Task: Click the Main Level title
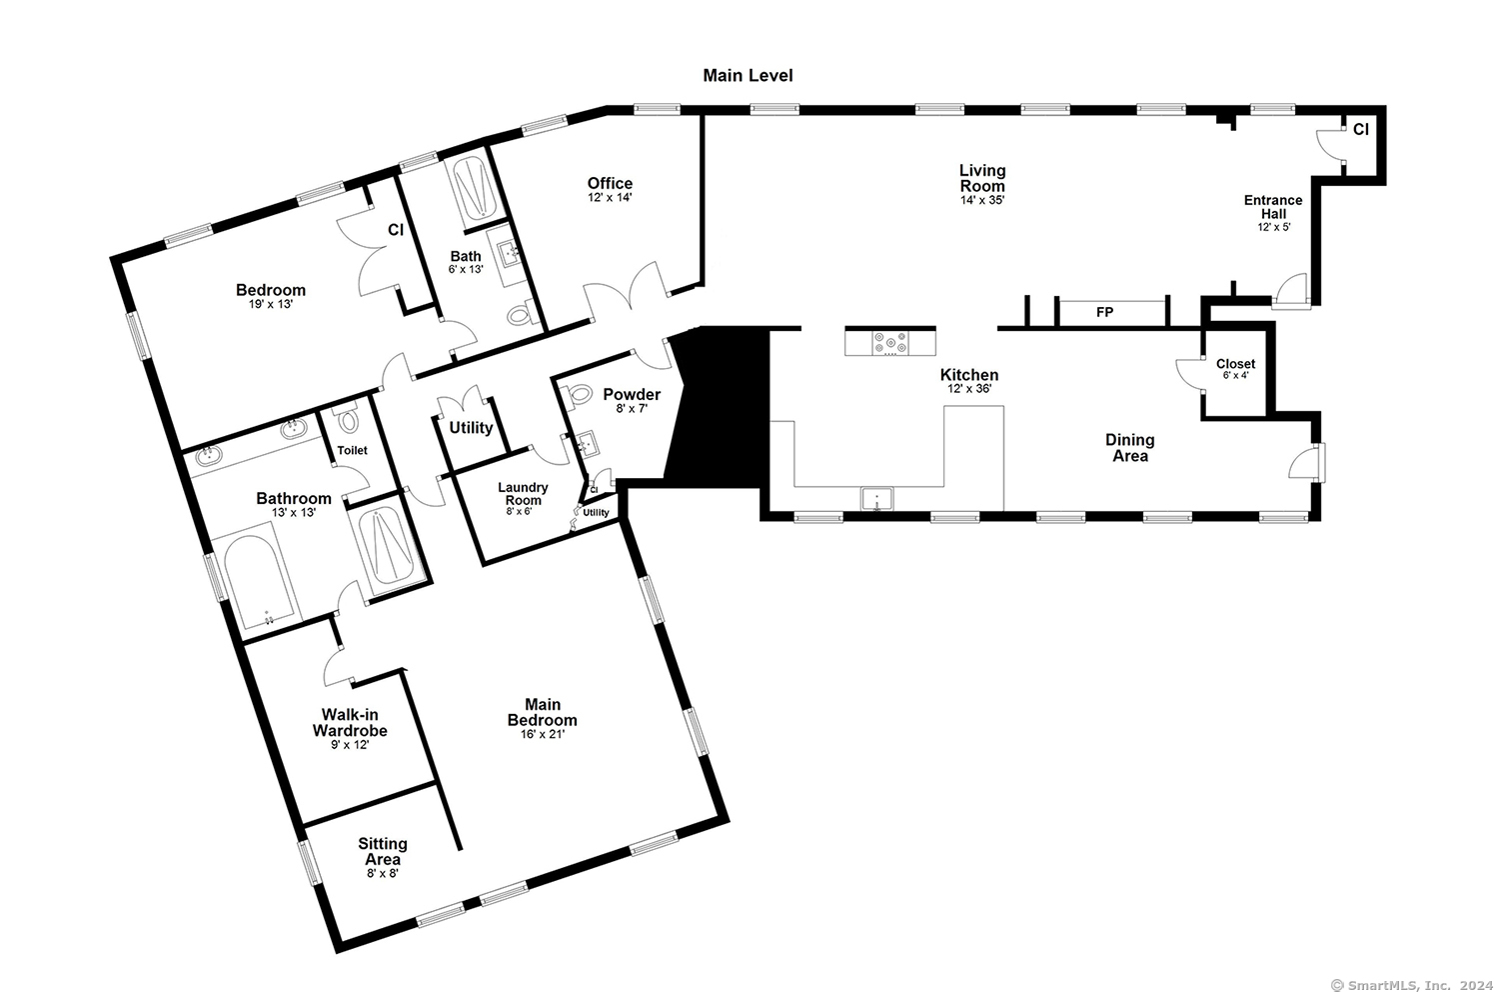tap(748, 76)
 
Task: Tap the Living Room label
tap(981, 178)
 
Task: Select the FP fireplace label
tap(1104, 312)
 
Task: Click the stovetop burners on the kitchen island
tap(890, 343)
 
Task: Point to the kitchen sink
tap(876, 499)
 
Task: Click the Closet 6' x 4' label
tap(1235, 369)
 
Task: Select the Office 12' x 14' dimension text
tap(610, 198)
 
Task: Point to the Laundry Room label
tap(523, 493)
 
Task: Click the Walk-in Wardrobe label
tap(350, 722)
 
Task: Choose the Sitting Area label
tap(382, 851)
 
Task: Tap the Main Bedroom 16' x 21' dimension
tap(542, 734)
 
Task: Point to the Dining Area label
tap(1129, 448)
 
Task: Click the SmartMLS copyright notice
tap(1411, 986)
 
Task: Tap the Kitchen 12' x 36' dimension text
tap(969, 388)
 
